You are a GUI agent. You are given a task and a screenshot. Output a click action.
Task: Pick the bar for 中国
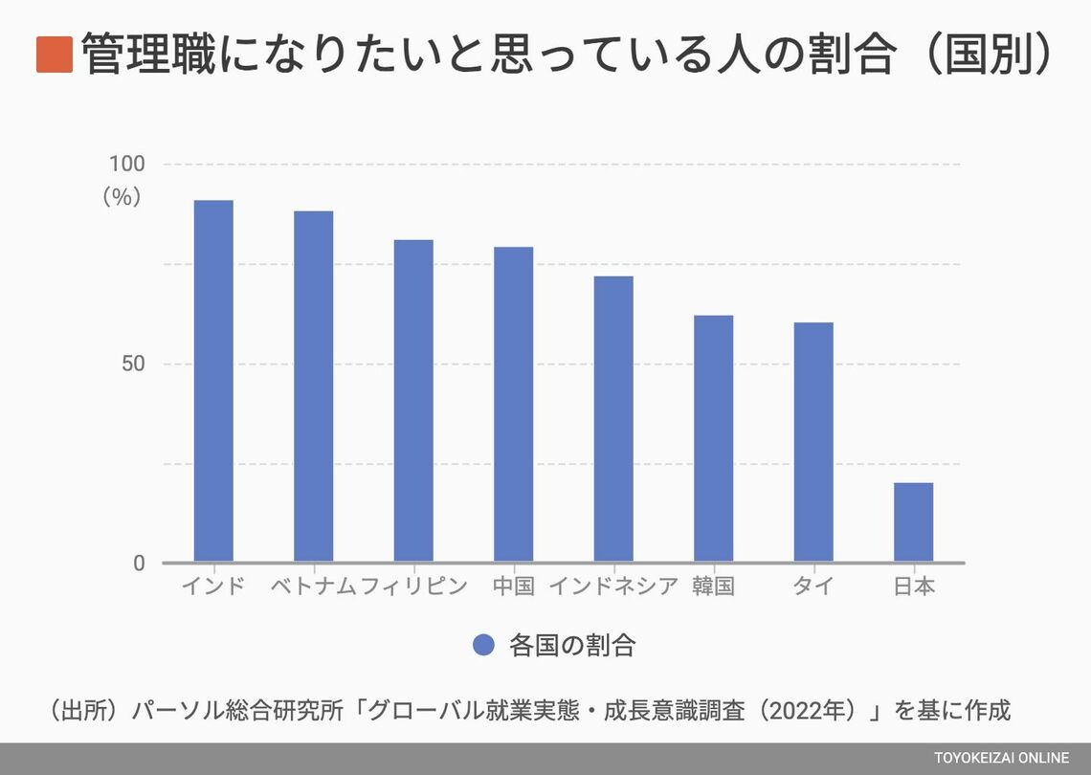click(513, 404)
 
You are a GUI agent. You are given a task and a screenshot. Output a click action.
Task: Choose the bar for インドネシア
click(613, 418)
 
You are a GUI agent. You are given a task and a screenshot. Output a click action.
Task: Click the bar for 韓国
click(713, 438)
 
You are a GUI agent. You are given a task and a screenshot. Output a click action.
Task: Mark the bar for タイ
click(813, 442)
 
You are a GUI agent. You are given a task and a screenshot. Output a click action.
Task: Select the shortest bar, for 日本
click(913, 521)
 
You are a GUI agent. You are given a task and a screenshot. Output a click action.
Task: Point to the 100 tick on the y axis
click(126, 165)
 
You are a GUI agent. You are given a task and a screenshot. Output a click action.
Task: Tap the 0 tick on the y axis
click(139, 564)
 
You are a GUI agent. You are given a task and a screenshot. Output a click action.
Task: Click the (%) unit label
click(122, 196)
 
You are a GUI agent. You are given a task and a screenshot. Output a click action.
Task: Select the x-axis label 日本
click(913, 587)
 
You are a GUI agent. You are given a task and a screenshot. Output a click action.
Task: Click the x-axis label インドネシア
click(613, 587)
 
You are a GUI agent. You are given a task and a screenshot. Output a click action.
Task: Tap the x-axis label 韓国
click(713, 587)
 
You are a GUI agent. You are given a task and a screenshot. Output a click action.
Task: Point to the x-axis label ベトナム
click(313, 587)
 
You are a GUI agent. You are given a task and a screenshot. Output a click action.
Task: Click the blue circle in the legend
click(484, 645)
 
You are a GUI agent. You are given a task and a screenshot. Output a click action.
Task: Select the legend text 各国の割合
click(572, 645)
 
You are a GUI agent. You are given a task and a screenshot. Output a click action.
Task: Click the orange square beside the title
click(55, 55)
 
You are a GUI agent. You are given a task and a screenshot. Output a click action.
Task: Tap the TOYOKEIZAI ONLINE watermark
click(1001, 759)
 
